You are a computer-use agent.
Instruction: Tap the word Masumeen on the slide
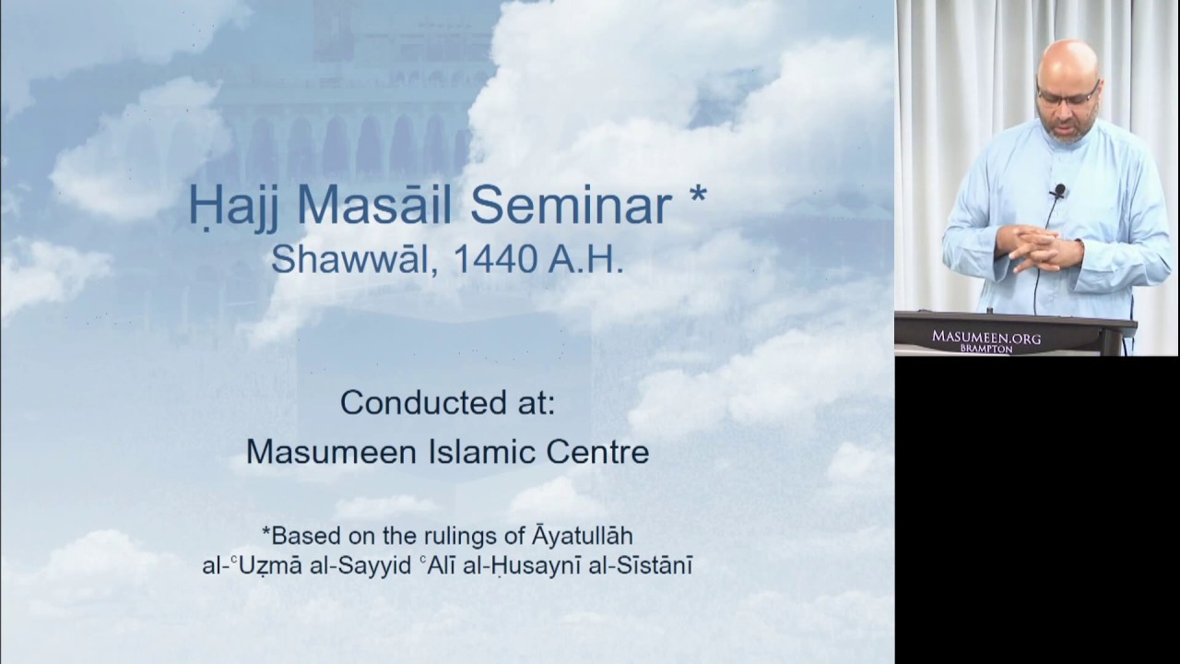[x=325, y=451]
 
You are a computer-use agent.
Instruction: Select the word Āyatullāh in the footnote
[x=577, y=535]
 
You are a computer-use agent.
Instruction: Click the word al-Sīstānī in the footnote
[x=644, y=564]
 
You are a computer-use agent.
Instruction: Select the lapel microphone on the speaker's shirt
[x=1059, y=191]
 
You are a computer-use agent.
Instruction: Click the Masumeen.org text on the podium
[x=985, y=338]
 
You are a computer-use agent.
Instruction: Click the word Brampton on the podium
[x=985, y=350]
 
